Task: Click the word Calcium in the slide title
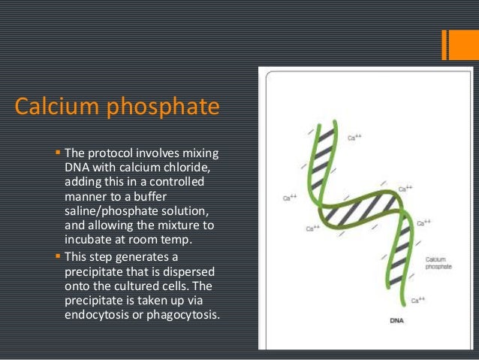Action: tap(56, 107)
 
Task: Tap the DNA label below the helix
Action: tap(398, 321)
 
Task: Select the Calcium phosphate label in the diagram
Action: tap(438, 262)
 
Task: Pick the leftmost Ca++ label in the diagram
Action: tap(289, 198)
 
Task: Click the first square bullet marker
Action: tap(59, 153)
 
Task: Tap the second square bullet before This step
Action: tap(59, 256)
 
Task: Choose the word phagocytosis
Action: tap(185, 315)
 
